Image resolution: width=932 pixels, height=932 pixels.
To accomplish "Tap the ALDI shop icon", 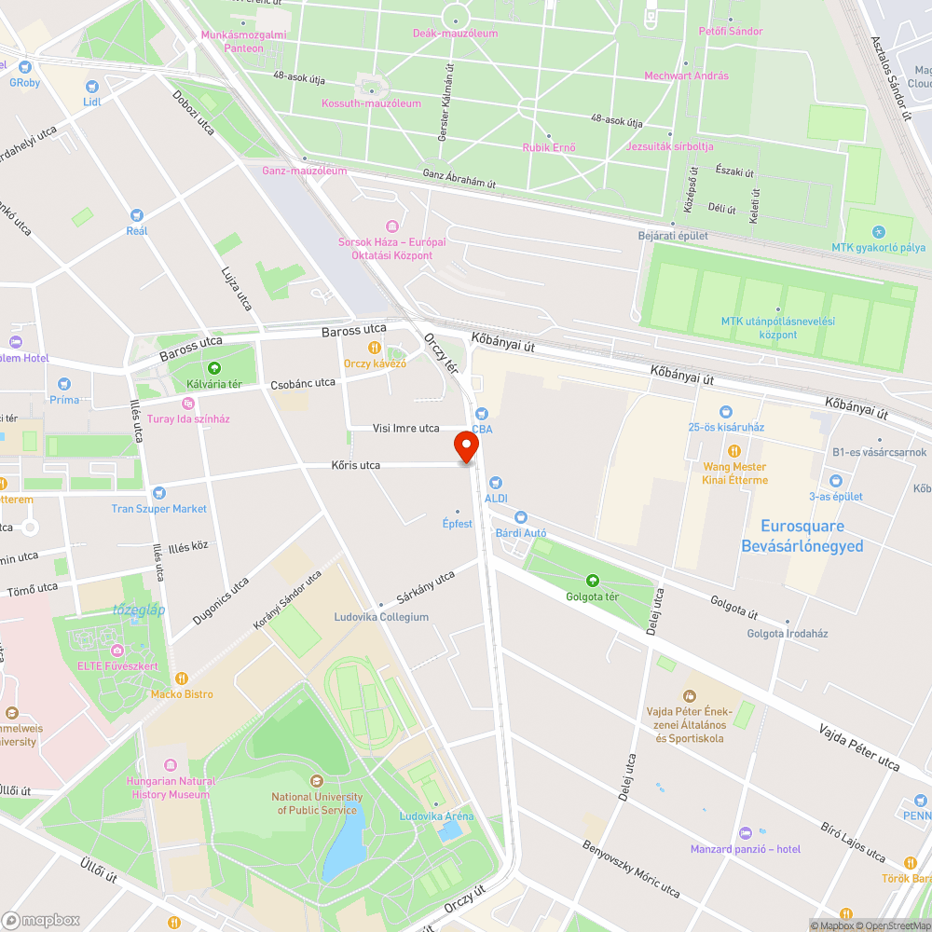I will tap(496, 482).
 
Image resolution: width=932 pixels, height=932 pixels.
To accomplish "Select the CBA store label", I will tap(482, 430).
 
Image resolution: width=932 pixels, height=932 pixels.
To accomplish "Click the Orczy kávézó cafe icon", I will tap(374, 347).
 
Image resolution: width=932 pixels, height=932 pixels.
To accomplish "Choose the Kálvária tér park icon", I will tap(215, 367).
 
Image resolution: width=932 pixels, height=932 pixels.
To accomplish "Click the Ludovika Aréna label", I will tap(436, 816).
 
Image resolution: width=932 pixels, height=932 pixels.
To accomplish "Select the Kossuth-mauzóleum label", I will tap(371, 103).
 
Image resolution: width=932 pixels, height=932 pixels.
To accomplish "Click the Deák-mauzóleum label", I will tap(455, 34).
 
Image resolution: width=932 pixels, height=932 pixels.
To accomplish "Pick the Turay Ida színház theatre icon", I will tap(188, 403).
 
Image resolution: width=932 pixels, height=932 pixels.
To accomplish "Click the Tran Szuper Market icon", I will tap(159, 492).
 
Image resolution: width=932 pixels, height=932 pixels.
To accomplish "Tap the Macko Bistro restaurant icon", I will tap(182, 678).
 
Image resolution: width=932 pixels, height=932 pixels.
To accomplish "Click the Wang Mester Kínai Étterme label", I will tap(735, 473).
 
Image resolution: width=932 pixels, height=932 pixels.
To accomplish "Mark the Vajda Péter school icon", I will tap(690, 695).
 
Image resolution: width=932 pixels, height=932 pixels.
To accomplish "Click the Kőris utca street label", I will tap(356, 465).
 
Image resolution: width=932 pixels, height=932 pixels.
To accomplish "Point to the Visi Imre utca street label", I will tap(405, 429).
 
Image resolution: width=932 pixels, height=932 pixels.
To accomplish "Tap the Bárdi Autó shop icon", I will tap(521, 517).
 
